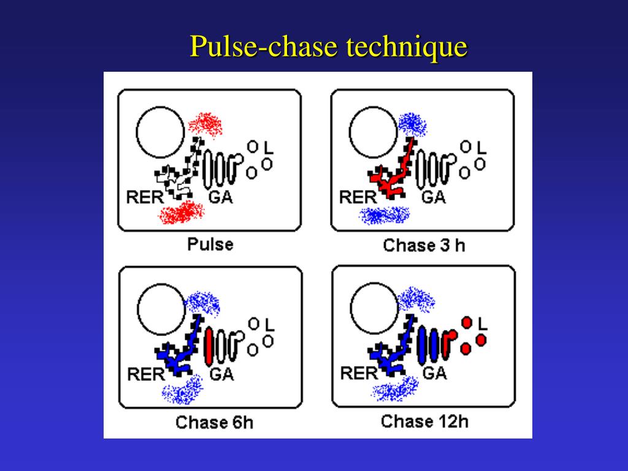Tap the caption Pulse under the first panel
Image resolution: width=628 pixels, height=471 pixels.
coord(210,244)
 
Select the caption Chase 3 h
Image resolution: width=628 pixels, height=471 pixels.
coord(424,245)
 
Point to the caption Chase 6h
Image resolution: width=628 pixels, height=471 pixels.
coord(214,423)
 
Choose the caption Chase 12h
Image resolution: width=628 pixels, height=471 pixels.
coord(424,421)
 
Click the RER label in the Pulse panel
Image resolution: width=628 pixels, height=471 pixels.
coord(145,197)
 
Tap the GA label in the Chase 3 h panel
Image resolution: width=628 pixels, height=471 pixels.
coord(433,197)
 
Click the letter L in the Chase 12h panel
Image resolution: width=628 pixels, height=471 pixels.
coord(481,323)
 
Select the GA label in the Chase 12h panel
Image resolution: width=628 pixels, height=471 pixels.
coord(434,373)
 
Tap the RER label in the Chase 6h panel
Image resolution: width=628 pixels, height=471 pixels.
coord(145,373)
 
